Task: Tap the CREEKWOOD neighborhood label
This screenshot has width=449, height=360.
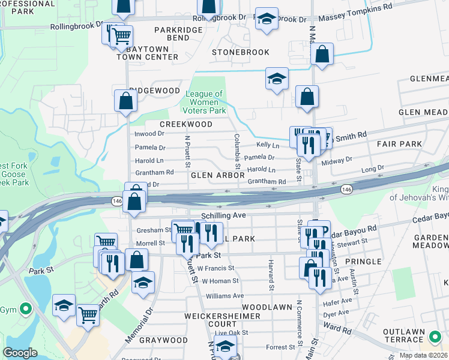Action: [186, 124]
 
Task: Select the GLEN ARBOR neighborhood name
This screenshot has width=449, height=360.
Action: [217, 176]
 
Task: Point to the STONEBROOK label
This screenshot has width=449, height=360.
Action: [241, 52]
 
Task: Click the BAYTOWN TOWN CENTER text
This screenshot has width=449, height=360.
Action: [148, 52]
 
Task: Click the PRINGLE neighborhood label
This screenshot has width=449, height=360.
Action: [363, 262]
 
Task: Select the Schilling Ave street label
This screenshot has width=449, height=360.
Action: [226, 215]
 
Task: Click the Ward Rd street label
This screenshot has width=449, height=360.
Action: [339, 329]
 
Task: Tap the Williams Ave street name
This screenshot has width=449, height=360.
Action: [225, 296]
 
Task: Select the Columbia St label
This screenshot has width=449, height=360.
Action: [237, 151]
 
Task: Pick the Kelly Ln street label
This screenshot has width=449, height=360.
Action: [268, 145]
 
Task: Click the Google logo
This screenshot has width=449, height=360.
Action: [20, 352]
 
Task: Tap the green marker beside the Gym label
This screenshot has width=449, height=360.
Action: [25, 310]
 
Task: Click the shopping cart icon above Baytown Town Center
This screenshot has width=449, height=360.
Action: [121, 35]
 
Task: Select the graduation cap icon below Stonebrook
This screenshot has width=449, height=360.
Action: [277, 79]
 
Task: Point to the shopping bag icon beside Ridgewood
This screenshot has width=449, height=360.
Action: [126, 100]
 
